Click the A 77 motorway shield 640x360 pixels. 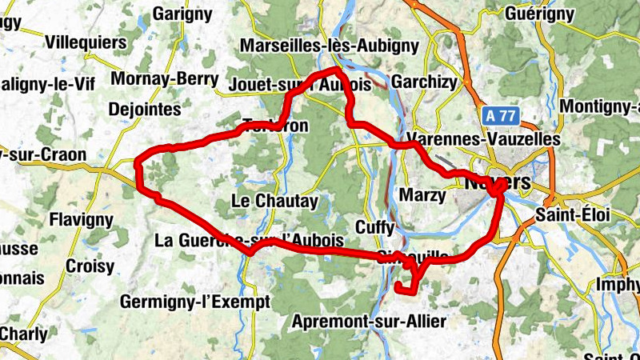[500, 116]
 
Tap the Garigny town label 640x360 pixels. [182, 14]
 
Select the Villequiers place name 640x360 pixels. [86, 42]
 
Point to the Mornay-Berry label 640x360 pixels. [165, 79]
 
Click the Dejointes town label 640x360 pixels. [144, 109]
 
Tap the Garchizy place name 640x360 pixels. [424, 81]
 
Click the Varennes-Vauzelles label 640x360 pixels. [483, 138]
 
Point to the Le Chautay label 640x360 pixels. [274, 202]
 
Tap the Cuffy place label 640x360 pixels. [374, 228]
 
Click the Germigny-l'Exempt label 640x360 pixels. [196, 302]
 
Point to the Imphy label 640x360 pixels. [618, 284]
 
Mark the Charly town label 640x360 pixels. [24, 332]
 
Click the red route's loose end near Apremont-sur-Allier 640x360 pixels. [398, 286]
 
